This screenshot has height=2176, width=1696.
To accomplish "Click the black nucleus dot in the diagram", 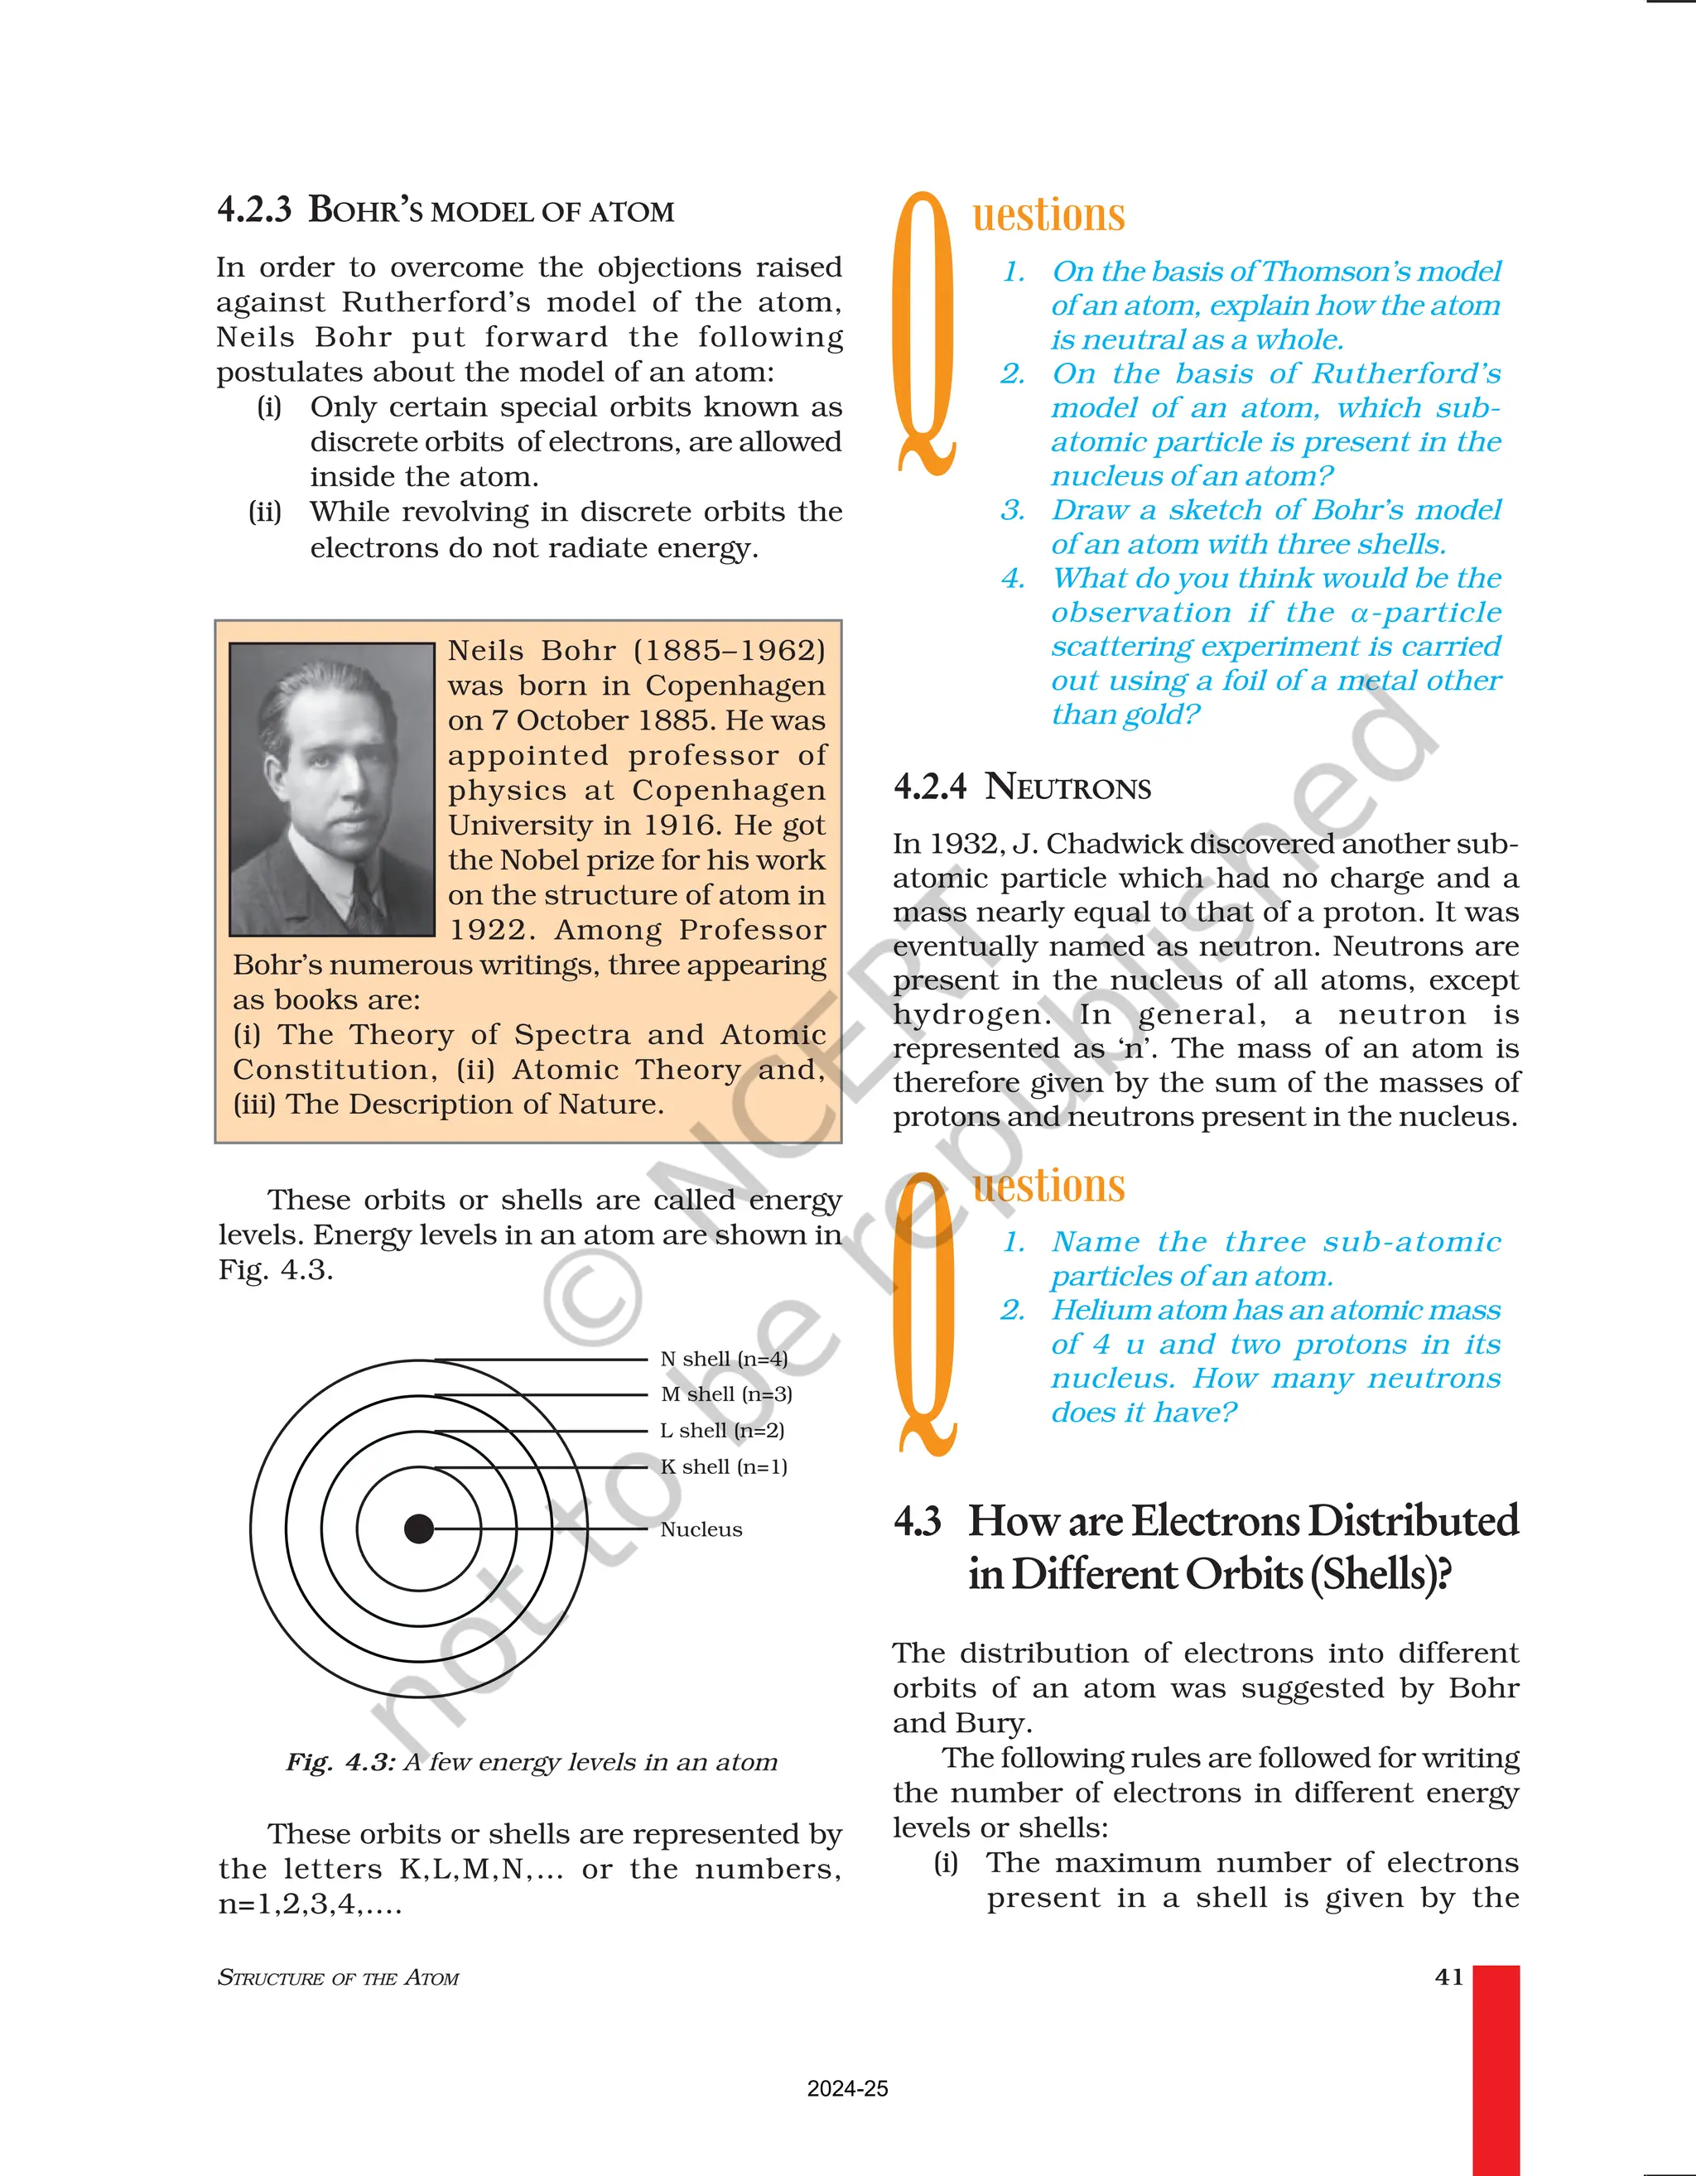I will [418, 1528].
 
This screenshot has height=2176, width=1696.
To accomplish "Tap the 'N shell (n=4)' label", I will [724, 1359].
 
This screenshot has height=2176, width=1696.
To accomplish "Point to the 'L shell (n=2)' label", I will [722, 1431].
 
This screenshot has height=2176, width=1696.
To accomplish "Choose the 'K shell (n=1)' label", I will [724, 1466].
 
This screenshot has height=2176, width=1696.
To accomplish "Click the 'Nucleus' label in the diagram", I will [701, 1529].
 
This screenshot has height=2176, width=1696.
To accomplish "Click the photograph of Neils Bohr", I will [332, 788].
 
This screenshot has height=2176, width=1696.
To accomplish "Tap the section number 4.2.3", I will [254, 210].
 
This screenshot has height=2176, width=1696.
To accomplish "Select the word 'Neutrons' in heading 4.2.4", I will [1067, 787].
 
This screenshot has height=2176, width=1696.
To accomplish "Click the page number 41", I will [1449, 1976].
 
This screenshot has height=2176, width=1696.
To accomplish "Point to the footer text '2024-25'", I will [847, 2089].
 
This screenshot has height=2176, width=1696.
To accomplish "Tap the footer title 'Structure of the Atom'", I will [338, 1978].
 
